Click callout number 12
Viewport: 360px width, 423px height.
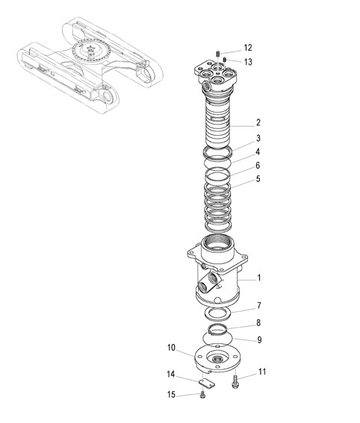pyautogui.click(x=248, y=48)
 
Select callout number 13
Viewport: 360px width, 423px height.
pyautogui.click(x=248, y=62)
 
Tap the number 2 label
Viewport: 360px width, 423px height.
pyautogui.click(x=258, y=122)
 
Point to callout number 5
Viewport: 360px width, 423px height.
pyautogui.click(x=258, y=179)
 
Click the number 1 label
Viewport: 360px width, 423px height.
pyautogui.click(x=259, y=278)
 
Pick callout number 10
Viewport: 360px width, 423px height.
pyautogui.click(x=171, y=348)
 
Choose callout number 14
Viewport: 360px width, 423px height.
pyautogui.click(x=171, y=375)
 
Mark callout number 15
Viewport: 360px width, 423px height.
pyautogui.click(x=171, y=395)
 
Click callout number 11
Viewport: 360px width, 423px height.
pyautogui.click(x=262, y=372)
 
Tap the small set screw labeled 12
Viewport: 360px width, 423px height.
pyautogui.click(x=217, y=54)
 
